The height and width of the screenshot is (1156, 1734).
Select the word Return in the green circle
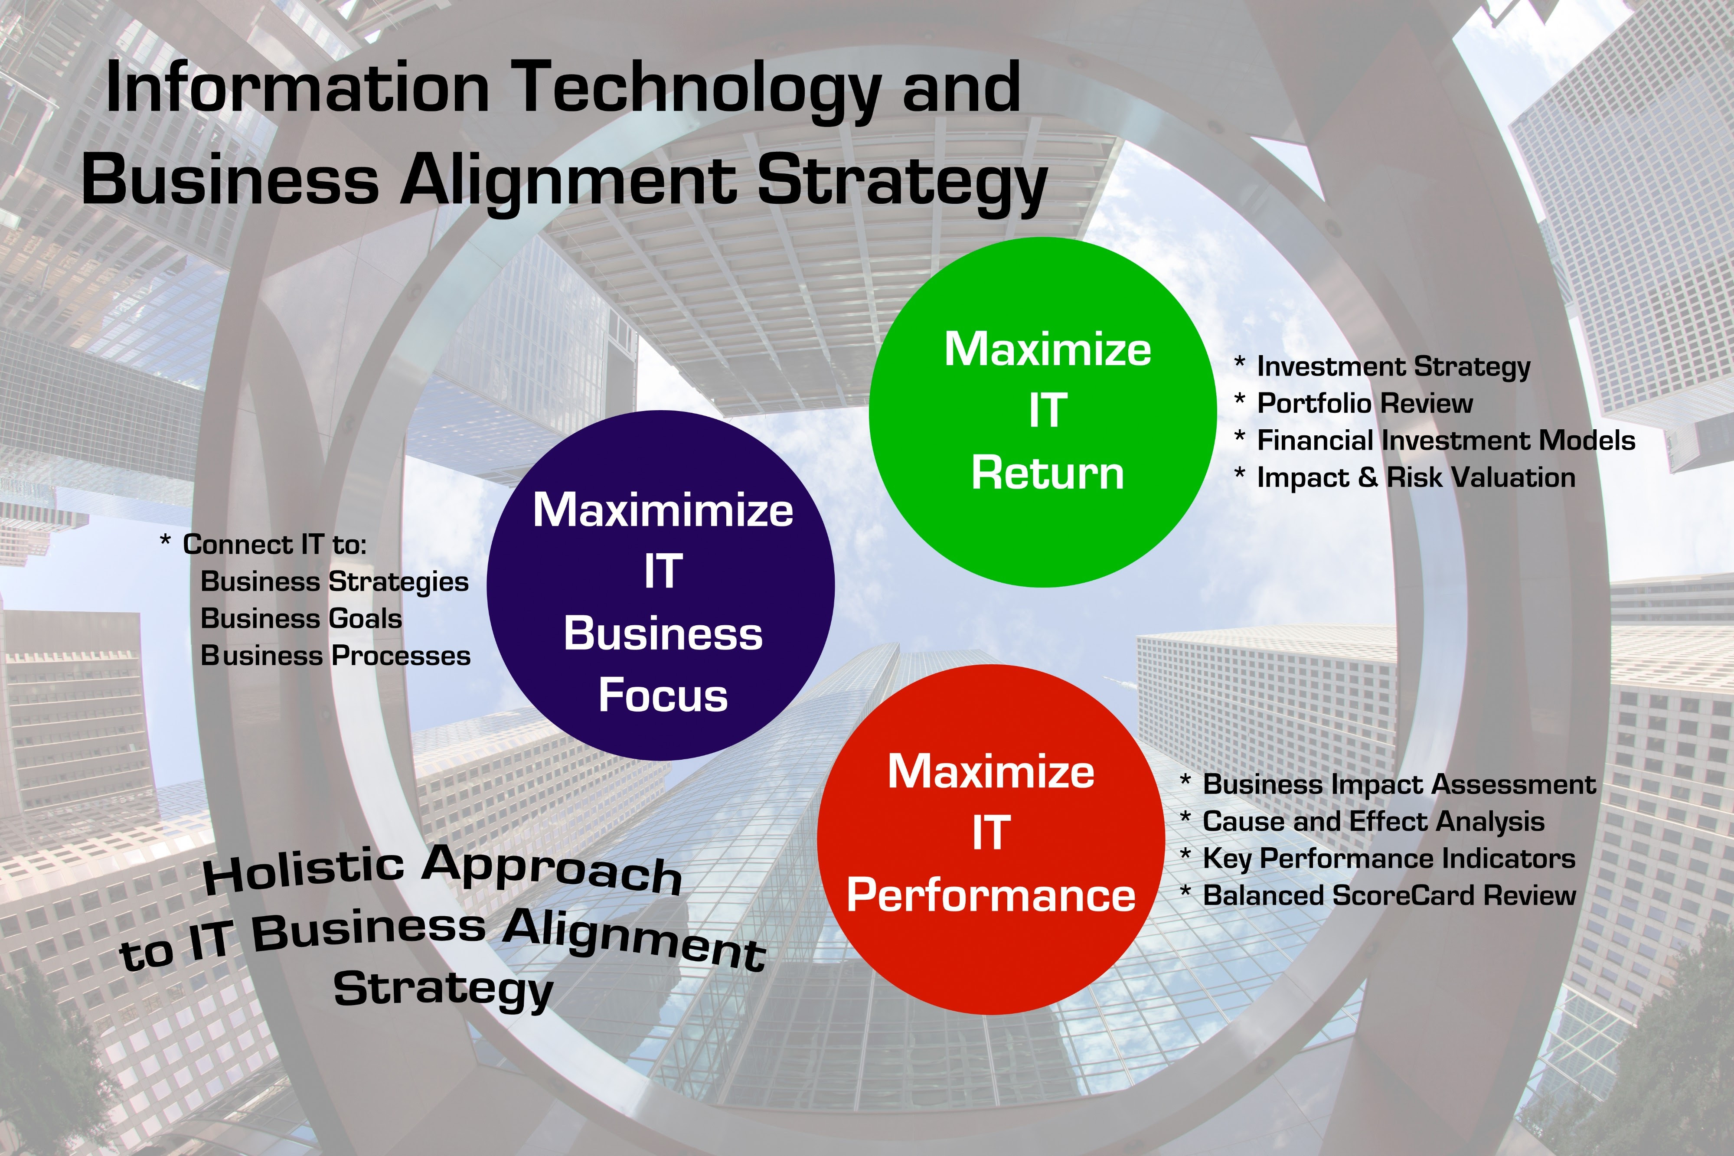pos(1048,474)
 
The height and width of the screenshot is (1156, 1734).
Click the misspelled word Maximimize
pos(663,510)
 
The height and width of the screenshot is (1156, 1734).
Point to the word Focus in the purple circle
pos(663,695)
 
